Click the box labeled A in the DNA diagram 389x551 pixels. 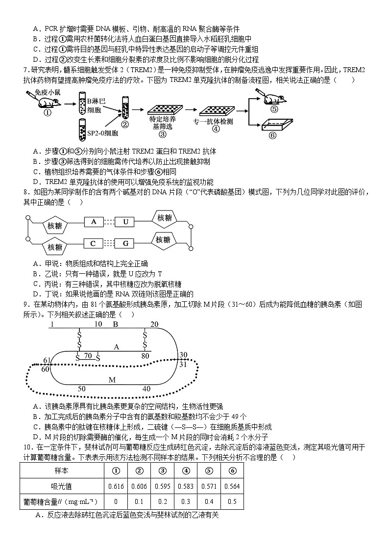click(94, 222)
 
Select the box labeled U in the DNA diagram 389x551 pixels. click(125, 222)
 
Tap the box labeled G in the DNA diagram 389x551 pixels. click(125, 243)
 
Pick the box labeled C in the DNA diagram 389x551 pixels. click(93, 243)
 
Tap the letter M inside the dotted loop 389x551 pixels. click(112, 380)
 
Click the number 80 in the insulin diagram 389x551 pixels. click(145, 356)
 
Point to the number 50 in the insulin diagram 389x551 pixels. click(82, 389)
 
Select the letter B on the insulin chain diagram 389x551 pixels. click(116, 324)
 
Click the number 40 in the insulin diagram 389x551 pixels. click(146, 389)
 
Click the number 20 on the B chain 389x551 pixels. click(154, 324)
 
